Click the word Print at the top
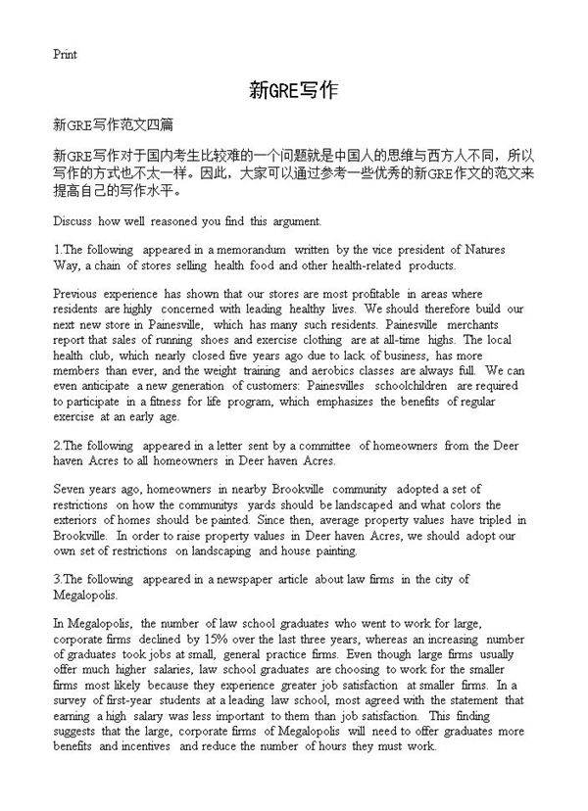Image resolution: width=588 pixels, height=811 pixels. tap(64, 54)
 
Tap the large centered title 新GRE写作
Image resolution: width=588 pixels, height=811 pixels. tap(293, 92)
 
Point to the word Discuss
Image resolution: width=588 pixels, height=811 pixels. tap(73, 221)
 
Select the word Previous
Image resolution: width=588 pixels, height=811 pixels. tap(76, 294)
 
